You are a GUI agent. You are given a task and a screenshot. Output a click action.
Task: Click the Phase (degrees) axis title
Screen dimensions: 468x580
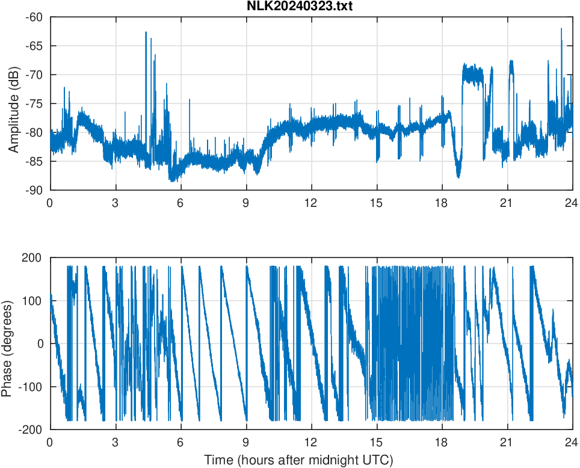pyautogui.click(x=7, y=343)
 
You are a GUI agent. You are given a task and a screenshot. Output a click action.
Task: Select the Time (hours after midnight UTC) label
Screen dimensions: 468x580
pyautogui.click(x=298, y=460)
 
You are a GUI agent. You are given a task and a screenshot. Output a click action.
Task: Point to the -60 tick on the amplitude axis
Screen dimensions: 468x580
pyautogui.click(x=34, y=17)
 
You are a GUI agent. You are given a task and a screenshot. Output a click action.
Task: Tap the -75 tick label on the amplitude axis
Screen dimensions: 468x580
pyautogui.click(x=34, y=103)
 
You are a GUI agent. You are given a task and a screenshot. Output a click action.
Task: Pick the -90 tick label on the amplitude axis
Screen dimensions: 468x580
pyautogui.click(x=34, y=190)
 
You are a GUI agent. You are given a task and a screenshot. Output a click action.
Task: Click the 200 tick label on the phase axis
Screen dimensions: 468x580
pyautogui.click(x=32, y=257)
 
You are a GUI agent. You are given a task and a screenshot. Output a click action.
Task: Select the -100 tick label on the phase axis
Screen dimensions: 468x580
pyautogui.click(x=30, y=387)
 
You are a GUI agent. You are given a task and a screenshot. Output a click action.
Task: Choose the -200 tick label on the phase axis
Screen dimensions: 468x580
pyautogui.click(x=30, y=430)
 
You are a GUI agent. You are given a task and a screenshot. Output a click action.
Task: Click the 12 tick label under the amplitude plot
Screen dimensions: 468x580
pyautogui.click(x=311, y=203)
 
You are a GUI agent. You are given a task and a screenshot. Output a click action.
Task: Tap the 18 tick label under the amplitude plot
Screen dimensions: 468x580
pyautogui.click(x=442, y=203)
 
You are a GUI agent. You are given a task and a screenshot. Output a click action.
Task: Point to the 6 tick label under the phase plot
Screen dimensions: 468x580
pyautogui.click(x=180, y=442)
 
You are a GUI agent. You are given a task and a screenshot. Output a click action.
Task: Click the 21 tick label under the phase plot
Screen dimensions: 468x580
pyautogui.click(x=507, y=442)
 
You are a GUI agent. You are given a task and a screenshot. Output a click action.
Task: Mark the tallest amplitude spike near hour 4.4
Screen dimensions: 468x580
pyautogui.click(x=146, y=32)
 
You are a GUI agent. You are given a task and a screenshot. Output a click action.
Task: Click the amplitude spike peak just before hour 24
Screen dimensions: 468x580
pyautogui.click(x=561, y=29)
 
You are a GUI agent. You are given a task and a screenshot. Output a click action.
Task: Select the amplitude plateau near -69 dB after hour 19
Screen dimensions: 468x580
pyautogui.click(x=473, y=73)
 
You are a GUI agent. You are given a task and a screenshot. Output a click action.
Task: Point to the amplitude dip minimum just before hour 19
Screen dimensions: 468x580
pyautogui.click(x=458, y=176)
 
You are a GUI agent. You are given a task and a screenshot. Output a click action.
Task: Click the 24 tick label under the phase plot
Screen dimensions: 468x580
pyautogui.click(x=572, y=442)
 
